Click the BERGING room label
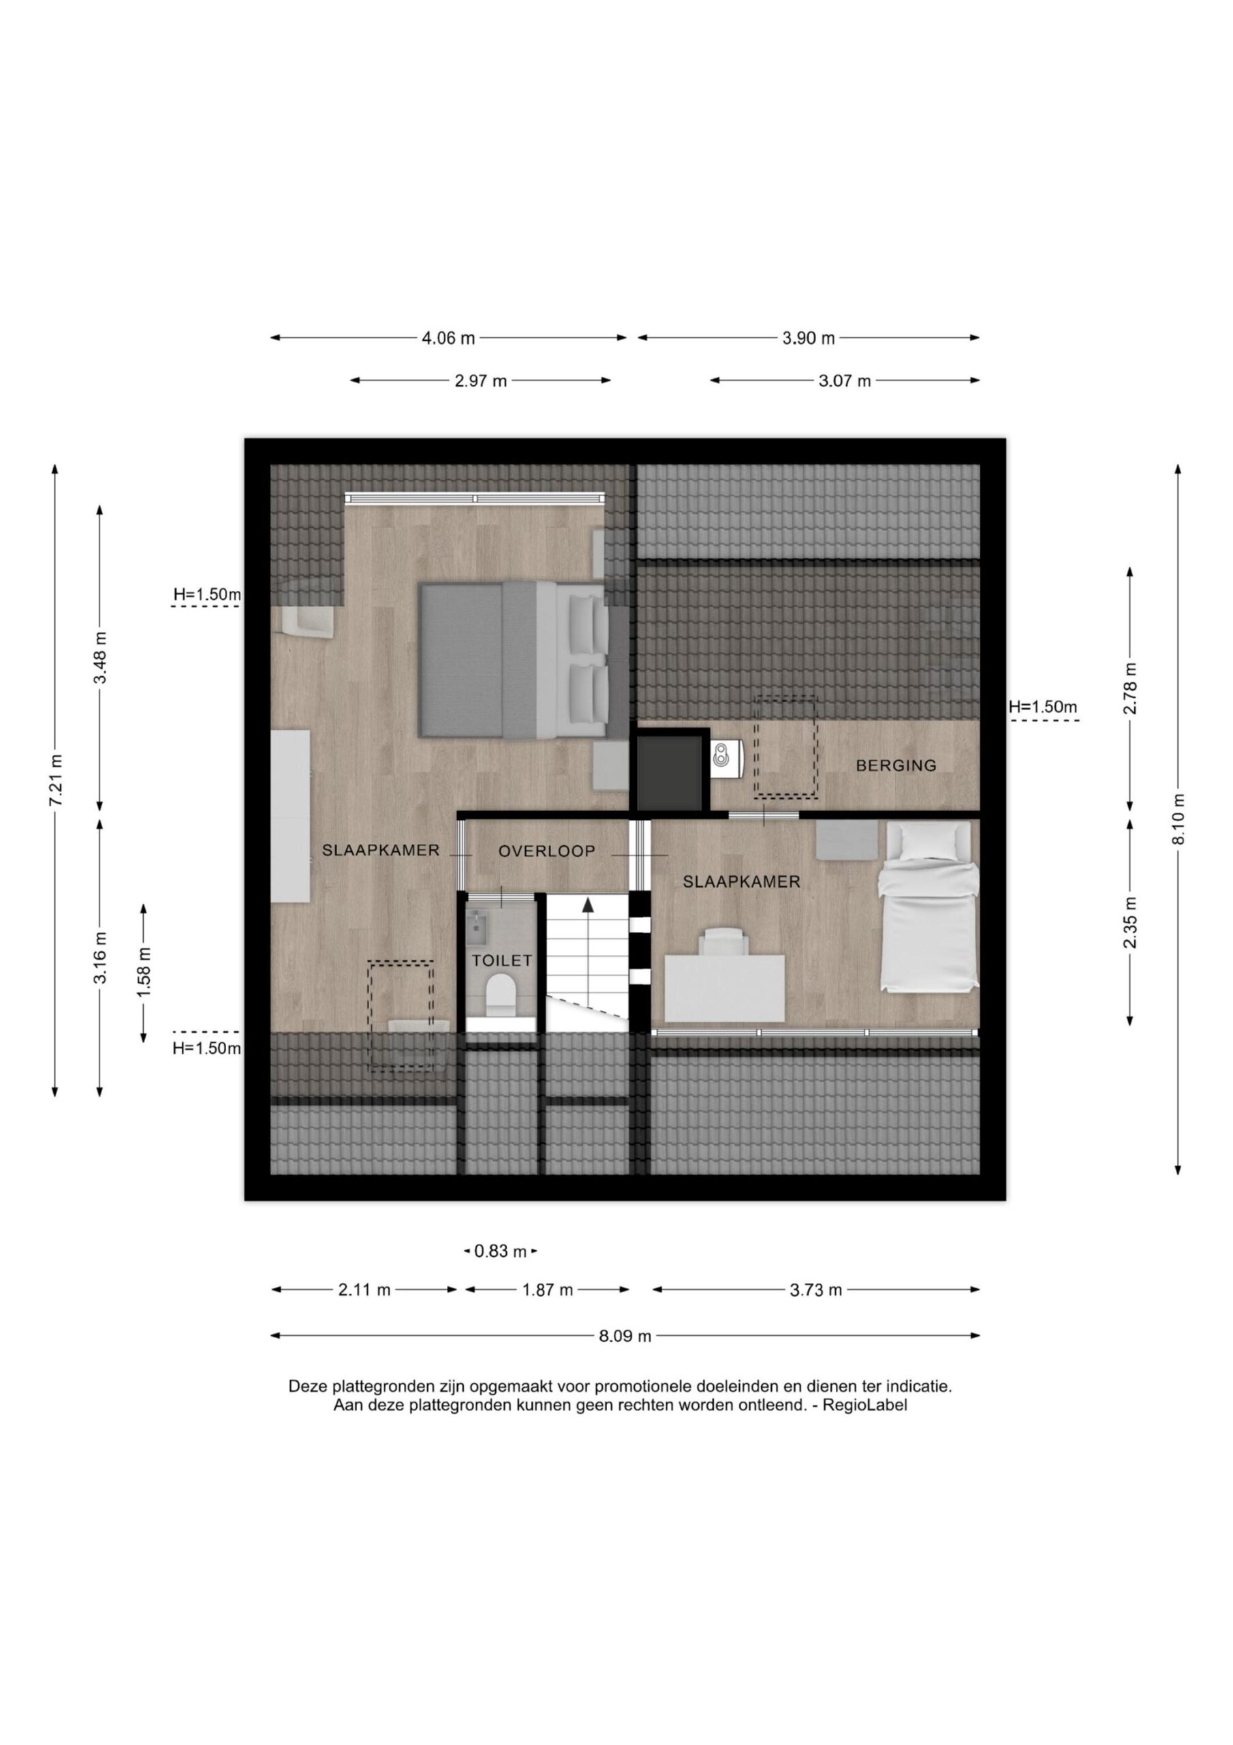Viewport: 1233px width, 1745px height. tap(896, 765)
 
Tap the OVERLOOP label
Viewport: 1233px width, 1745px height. tap(547, 851)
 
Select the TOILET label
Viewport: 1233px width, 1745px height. tap(502, 960)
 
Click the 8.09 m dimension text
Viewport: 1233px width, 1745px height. tap(625, 1336)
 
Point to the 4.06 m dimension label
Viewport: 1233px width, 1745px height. tap(448, 338)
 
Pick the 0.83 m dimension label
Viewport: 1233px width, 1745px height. tap(501, 1251)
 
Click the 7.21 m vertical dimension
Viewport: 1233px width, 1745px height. tap(55, 781)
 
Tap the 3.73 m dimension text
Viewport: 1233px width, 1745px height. tap(816, 1290)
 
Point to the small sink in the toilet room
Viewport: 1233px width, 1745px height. tap(480, 923)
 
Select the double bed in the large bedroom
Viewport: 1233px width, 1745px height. tap(514, 659)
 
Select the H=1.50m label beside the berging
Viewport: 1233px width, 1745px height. tap(1042, 707)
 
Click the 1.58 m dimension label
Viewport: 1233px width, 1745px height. tap(144, 965)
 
